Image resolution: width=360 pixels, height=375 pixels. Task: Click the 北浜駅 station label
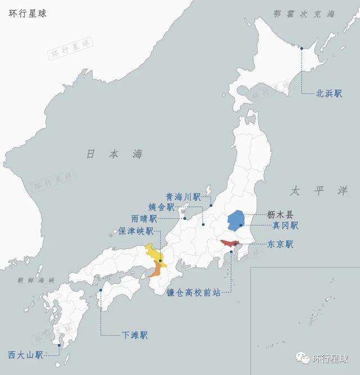(329, 94)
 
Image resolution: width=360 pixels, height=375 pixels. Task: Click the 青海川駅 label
(183, 197)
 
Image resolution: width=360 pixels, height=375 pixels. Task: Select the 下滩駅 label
(135, 335)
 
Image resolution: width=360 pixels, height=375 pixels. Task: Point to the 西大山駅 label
(25, 355)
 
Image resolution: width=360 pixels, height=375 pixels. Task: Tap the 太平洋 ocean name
(319, 191)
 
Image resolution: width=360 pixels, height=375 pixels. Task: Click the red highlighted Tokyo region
(229, 243)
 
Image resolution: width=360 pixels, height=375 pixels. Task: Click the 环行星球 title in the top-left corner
(28, 13)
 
